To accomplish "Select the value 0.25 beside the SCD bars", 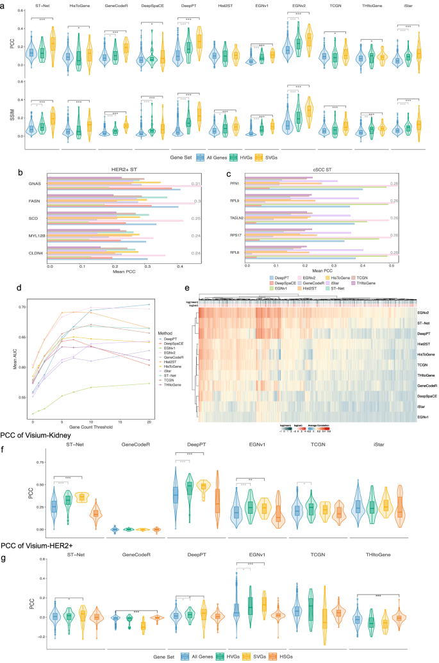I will pos(198,218).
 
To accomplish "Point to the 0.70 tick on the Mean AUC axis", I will pos(24,307).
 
